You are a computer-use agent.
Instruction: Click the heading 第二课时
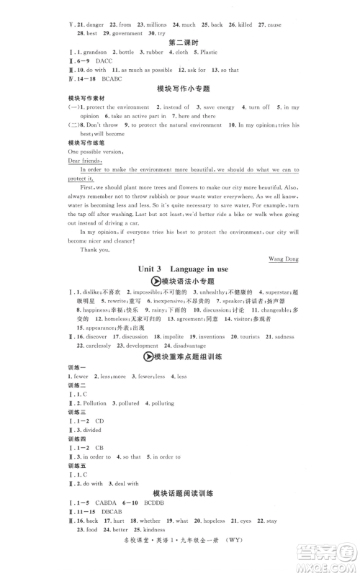pyautogui.click(x=180, y=42)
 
